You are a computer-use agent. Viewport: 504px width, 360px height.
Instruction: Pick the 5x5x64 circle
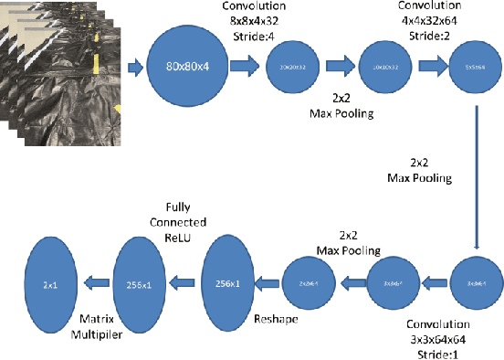pyautogui.click(x=473, y=67)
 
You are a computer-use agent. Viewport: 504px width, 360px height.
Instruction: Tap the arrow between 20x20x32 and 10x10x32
pyautogui.click(x=340, y=67)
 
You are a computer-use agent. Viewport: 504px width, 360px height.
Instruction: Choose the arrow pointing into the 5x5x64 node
pyautogui.click(x=433, y=67)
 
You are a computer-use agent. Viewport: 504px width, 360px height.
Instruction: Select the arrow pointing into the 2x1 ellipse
pyautogui.click(x=96, y=284)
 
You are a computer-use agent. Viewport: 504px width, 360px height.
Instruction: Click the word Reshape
pyautogui.click(x=274, y=323)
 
